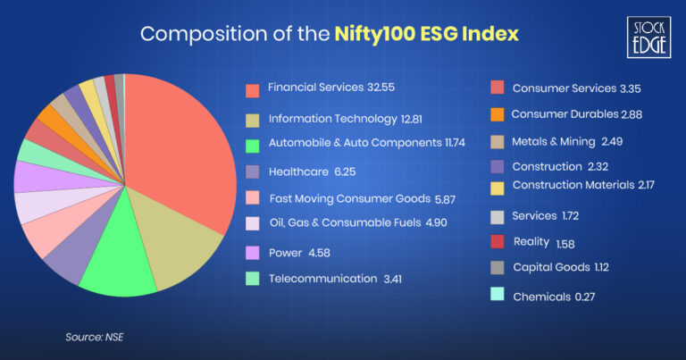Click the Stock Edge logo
pos(648,37)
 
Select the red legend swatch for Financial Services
pos(252,89)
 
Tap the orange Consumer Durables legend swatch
pos(497,114)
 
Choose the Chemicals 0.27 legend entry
pos(541,296)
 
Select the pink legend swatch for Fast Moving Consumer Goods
pos(252,197)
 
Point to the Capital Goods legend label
pos(550,266)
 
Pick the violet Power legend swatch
pos(252,253)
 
